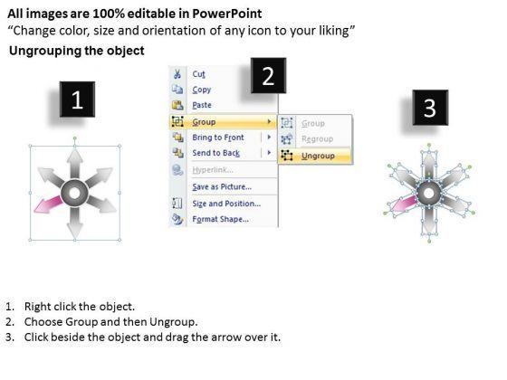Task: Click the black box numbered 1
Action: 77,100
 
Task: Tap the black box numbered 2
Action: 268,76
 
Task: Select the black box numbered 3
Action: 430,108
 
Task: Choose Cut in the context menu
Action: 198,74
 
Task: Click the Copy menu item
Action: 201,90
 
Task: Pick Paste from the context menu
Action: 202,105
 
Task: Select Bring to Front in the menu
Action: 218,138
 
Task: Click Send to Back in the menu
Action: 216,153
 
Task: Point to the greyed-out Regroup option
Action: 317,139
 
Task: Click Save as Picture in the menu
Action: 222,186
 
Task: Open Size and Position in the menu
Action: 226,204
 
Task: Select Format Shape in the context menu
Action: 221,219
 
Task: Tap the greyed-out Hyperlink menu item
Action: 213,170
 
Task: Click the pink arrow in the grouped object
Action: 49,204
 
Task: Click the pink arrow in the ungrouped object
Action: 402,204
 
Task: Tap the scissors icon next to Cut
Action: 177,74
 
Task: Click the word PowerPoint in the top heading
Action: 227,14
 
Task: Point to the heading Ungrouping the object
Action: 77,51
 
